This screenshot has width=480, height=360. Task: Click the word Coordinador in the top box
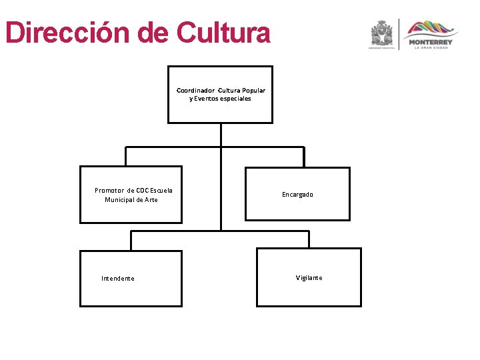tap(195, 90)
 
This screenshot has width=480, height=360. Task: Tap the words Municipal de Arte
tap(131, 200)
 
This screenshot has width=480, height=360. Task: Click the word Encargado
tap(297, 195)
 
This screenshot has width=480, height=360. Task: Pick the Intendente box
tap(131, 293)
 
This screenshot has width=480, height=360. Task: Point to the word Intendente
tap(118, 279)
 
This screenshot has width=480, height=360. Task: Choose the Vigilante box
tap(309, 293)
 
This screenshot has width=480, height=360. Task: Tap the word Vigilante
tap(309, 278)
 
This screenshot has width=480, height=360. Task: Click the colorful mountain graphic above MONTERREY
tap(433, 28)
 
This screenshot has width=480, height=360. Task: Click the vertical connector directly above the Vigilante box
tap(309, 239)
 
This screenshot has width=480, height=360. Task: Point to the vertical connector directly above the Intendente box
tap(131, 241)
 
